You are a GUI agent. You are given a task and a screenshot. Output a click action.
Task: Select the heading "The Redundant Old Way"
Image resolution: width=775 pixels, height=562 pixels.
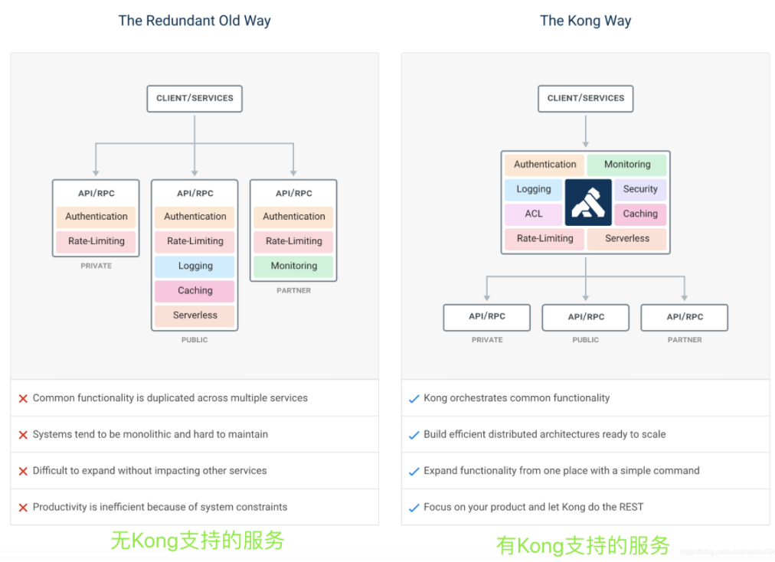pyautogui.click(x=195, y=21)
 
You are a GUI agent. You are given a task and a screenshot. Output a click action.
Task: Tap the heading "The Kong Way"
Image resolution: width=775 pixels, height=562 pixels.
pyautogui.click(x=586, y=21)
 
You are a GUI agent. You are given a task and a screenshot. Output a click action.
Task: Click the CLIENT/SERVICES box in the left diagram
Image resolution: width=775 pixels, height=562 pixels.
pyautogui.click(x=195, y=98)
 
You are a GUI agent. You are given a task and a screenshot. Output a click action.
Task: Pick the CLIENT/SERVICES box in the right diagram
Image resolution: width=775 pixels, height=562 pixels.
pyautogui.click(x=586, y=98)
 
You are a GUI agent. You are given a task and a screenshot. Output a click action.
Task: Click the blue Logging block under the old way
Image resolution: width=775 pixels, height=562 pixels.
pyautogui.click(x=195, y=266)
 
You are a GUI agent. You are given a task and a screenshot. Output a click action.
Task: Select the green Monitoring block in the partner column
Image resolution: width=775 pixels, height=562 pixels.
pyautogui.click(x=294, y=266)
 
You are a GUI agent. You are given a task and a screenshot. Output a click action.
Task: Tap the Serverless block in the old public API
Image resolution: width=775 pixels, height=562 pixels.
pyautogui.click(x=195, y=315)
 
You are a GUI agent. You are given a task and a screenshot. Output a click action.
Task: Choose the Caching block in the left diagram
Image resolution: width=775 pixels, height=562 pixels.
pyautogui.click(x=195, y=290)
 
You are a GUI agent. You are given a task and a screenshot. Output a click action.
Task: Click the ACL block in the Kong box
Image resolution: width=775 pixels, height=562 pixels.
pyautogui.click(x=534, y=214)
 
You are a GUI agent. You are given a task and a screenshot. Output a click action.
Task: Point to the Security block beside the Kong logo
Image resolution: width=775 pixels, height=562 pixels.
pyautogui.click(x=640, y=189)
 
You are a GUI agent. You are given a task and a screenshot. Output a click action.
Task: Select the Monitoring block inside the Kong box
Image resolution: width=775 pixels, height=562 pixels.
pyautogui.click(x=627, y=165)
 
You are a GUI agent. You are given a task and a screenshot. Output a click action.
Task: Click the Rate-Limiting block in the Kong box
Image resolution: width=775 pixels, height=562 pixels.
pyautogui.click(x=544, y=238)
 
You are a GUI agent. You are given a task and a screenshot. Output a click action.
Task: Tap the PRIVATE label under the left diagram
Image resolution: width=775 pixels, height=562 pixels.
pyautogui.click(x=96, y=266)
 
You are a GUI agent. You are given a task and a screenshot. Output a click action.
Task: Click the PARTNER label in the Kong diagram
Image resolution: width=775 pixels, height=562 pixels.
pyautogui.click(x=685, y=339)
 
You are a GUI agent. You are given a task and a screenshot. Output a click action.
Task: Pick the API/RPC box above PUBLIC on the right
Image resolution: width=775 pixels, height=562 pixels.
pyautogui.click(x=586, y=317)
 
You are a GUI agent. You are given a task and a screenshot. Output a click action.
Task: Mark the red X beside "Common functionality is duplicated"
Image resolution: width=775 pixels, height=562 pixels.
pyautogui.click(x=23, y=399)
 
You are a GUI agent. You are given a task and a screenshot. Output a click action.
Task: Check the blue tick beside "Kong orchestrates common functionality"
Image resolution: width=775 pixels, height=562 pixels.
pyautogui.click(x=414, y=399)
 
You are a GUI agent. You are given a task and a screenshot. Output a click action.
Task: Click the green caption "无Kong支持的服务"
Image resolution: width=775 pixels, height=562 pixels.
pyautogui.click(x=198, y=541)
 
